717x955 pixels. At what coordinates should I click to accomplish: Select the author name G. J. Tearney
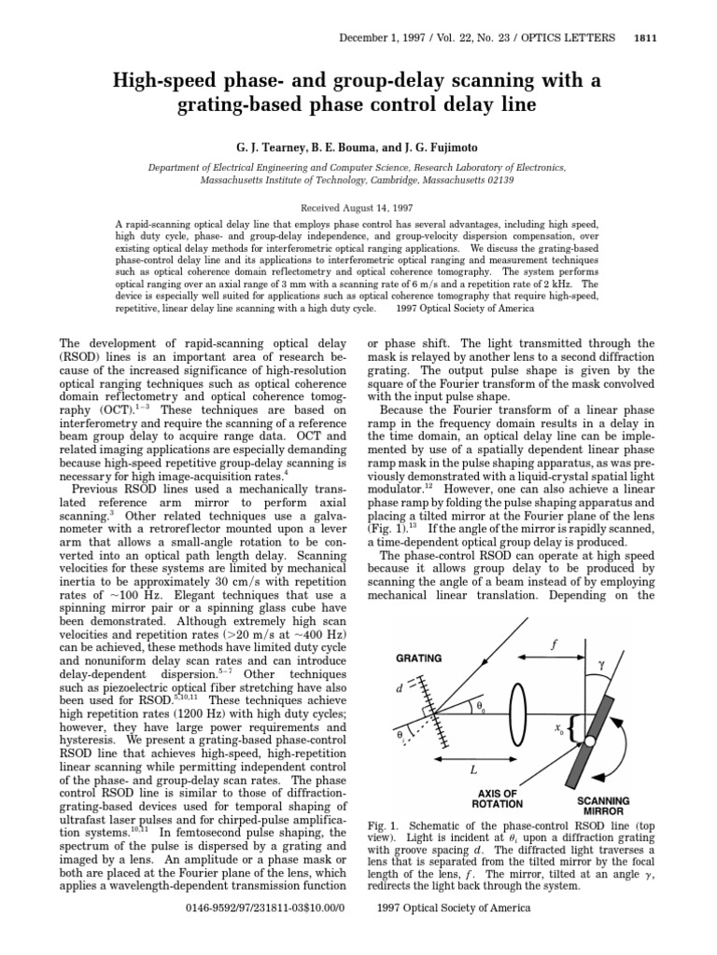click(263, 147)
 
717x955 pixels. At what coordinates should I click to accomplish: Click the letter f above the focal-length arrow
click(554, 644)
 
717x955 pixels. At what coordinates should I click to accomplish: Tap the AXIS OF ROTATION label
click(504, 798)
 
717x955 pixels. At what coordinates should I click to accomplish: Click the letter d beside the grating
click(400, 687)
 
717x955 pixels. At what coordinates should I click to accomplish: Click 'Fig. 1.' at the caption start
click(387, 826)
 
